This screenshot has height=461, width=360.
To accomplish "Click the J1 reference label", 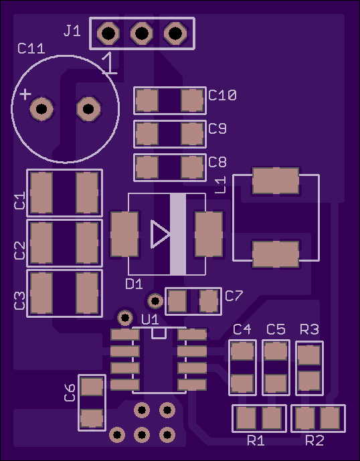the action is coord(72,31).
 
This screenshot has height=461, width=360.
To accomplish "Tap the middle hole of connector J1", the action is coord(142,33).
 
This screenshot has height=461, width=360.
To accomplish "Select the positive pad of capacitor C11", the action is coord(41,109).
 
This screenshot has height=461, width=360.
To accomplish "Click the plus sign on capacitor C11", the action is coord(25,94).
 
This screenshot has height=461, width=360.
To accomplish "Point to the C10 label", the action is coord(222,95).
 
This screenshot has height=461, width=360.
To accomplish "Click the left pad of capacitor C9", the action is coord(147,134).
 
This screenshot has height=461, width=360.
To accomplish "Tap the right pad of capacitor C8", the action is coord(192,167).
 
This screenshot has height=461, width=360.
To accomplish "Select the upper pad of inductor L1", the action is coord(276,181).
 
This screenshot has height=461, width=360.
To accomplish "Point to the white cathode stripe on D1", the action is coord(178,234).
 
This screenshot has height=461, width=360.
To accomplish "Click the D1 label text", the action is coord(134,284).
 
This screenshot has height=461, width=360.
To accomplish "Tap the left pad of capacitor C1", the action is coord(41,193).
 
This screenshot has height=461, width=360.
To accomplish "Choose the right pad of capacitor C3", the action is coord(88,293).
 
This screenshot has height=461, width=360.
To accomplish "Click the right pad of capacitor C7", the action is coord(209,301).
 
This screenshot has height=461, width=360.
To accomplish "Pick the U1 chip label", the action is coord(150,320).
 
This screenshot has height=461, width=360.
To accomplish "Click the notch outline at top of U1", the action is coord(159,333).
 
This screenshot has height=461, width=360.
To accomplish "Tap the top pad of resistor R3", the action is coord(309,355).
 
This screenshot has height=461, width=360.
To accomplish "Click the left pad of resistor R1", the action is coord(246,418).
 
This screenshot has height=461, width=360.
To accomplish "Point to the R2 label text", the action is coord(314,441).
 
